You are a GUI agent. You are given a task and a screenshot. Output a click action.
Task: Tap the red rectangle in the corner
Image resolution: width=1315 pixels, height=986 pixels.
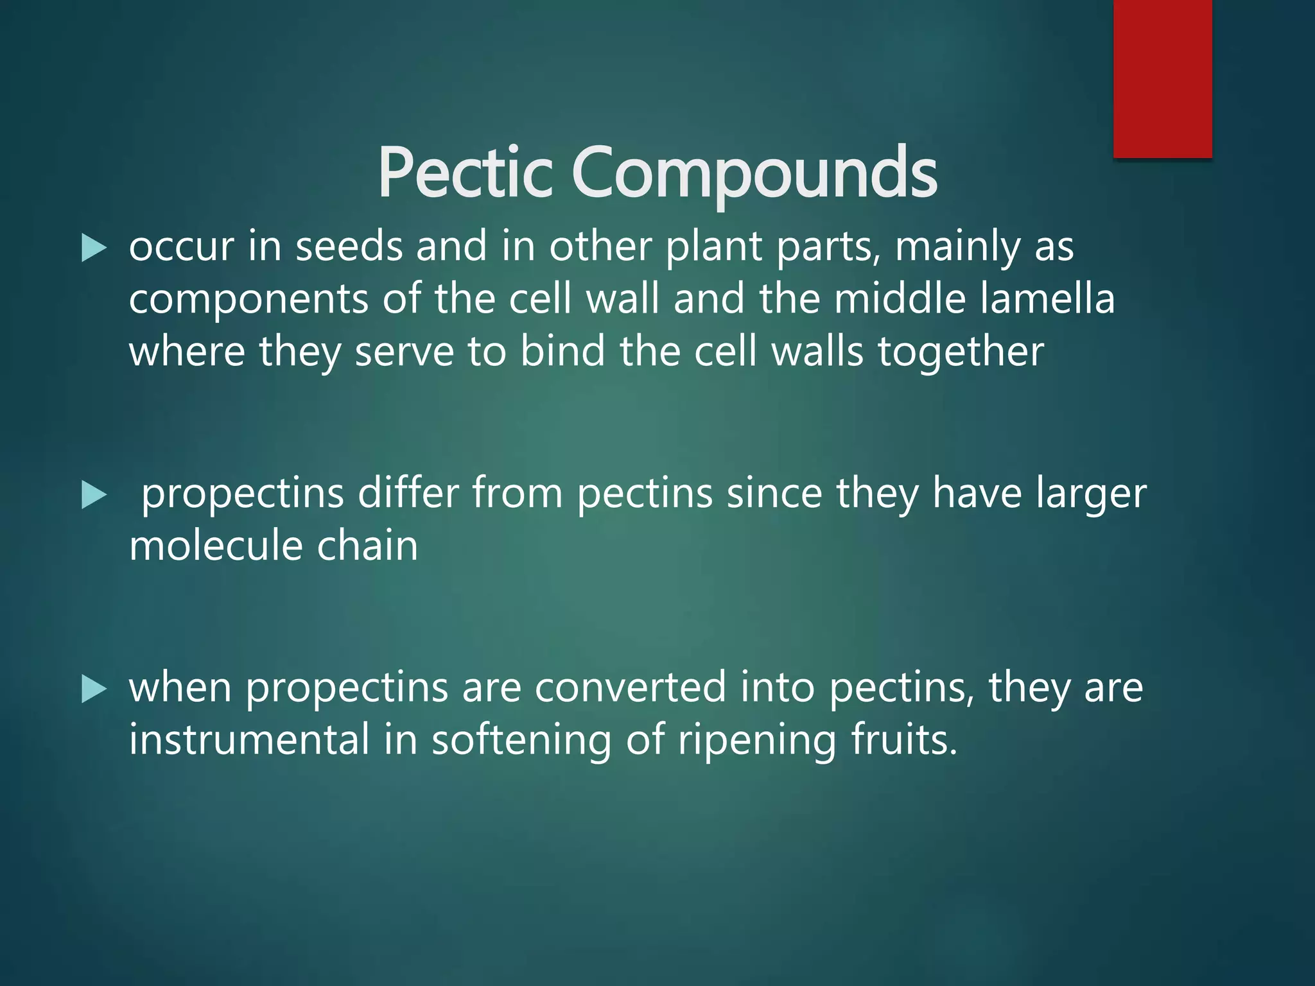1162,78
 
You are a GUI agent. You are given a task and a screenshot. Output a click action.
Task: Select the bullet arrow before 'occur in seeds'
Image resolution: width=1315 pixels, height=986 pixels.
94,248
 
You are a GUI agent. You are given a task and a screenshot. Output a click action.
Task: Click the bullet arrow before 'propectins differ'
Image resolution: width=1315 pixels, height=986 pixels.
94,496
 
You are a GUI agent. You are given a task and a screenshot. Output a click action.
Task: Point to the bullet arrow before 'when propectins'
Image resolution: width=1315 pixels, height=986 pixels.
94,689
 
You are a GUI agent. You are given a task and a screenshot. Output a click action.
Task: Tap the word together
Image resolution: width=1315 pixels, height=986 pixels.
961,352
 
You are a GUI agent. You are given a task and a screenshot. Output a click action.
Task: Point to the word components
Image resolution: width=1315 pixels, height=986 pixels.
248,300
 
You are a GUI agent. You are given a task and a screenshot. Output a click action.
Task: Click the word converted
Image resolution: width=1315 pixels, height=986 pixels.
630,688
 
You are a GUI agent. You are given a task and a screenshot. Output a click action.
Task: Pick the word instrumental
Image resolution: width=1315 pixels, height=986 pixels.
249,739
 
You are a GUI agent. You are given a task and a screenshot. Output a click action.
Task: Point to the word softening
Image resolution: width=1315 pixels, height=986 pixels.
521,741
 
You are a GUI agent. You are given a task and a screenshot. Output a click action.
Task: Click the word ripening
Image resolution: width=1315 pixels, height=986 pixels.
758,741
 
